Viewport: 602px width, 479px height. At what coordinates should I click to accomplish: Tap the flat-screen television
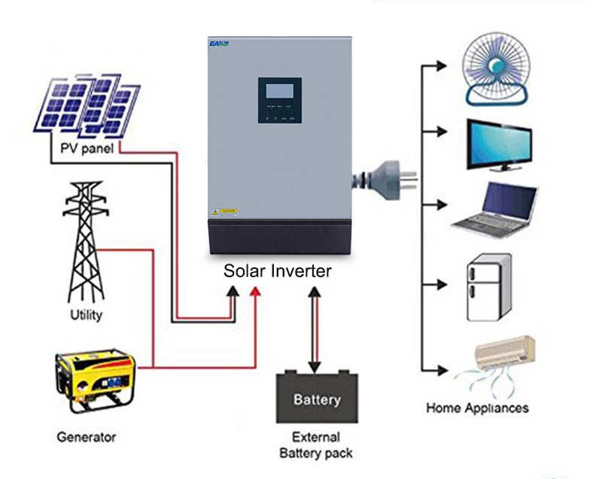click(498, 144)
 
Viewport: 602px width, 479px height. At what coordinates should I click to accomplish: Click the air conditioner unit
click(505, 353)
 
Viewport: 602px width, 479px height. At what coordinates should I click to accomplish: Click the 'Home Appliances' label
click(477, 407)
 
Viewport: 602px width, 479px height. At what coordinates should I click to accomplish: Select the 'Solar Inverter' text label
click(277, 270)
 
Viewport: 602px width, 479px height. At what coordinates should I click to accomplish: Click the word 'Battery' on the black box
click(317, 399)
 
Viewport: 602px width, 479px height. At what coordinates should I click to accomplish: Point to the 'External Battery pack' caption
click(316, 445)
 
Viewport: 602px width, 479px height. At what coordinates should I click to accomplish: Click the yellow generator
click(95, 380)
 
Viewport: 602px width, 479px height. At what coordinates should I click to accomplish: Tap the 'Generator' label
click(87, 436)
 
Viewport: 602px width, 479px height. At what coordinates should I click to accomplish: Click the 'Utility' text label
click(86, 315)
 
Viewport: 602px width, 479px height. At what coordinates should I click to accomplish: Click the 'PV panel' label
click(87, 148)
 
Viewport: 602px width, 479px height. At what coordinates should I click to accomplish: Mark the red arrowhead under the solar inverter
click(256, 291)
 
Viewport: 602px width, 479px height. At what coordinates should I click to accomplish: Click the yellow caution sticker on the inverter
click(226, 212)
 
